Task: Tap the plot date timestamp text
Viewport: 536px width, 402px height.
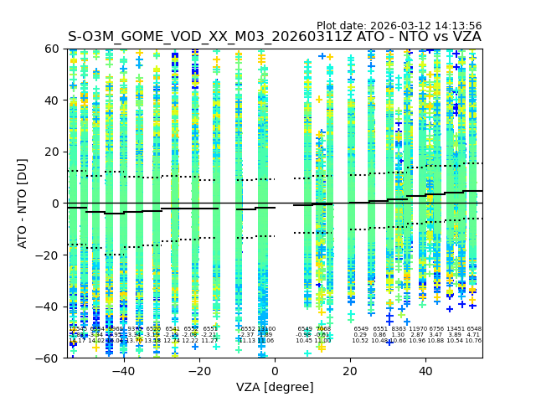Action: (399, 26)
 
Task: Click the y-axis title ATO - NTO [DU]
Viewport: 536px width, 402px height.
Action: (23, 204)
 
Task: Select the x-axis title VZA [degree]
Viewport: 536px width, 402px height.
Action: (275, 387)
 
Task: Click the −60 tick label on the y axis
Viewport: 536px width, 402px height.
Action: (49, 358)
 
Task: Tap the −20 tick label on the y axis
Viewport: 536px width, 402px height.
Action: (49, 255)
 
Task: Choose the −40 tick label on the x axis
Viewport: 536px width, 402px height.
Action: (122, 371)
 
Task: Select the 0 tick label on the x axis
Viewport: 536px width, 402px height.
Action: (275, 371)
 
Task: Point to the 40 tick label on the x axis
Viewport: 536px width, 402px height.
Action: (425, 371)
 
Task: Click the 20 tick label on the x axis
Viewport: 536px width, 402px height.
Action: (350, 371)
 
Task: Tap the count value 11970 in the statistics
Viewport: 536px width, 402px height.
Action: (417, 329)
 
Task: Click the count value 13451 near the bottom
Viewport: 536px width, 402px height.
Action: (455, 329)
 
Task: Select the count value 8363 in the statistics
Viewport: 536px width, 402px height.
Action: (398, 329)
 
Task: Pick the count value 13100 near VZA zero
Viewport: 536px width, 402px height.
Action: (266, 329)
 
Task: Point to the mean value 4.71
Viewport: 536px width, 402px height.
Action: (473, 335)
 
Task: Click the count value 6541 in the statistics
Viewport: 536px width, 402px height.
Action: (173, 329)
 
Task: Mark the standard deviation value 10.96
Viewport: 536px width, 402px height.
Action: (417, 341)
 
